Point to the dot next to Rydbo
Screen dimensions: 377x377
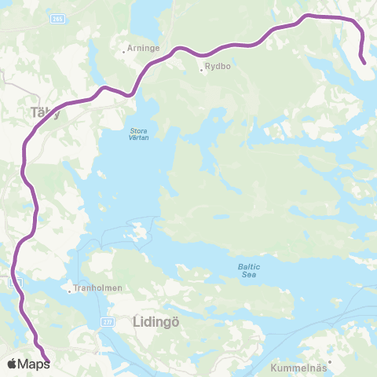tap(201, 71)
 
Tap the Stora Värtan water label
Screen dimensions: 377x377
tap(139, 133)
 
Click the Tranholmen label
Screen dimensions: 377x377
tap(98, 288)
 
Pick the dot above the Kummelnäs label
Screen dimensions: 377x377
tap(331, 361)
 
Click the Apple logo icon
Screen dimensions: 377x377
tap(12, 364)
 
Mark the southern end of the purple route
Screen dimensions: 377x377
tap(48, 361)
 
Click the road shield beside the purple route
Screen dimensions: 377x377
tap(12, 281)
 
